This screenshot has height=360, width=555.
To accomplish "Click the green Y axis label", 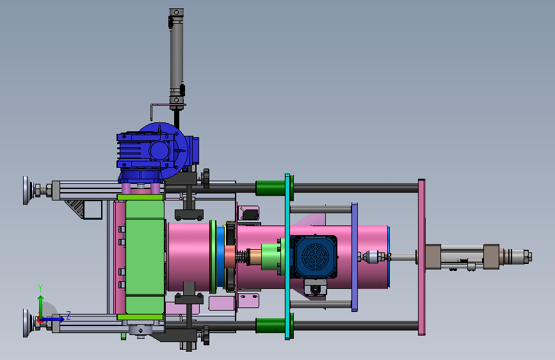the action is click(40, 288).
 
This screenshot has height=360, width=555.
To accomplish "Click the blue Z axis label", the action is click(68, 315).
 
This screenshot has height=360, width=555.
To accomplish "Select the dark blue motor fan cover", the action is click(314, 256).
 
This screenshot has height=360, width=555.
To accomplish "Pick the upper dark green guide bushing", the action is click(270, 188).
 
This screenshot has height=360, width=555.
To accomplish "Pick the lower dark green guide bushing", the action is click(270, 325).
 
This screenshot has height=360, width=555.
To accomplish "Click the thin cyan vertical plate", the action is click(287, 256).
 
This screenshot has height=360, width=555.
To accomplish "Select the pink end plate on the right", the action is click(422, 257).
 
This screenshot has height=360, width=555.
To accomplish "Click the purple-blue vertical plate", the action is click(354, 257).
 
